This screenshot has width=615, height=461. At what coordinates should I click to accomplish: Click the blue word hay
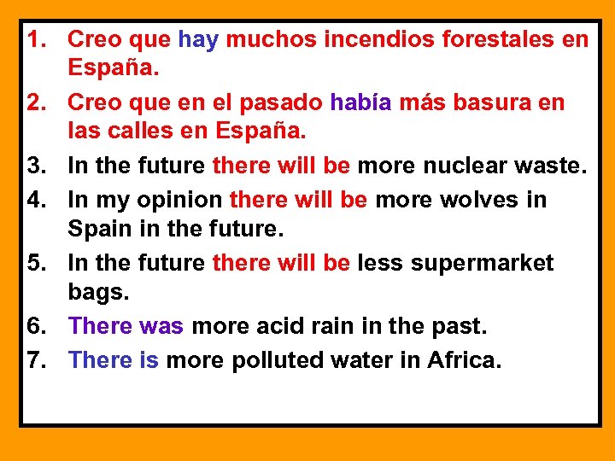[x=198, y=40]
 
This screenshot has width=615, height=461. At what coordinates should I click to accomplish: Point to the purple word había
[x=360, y=103]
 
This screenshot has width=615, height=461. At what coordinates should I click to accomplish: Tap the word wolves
[x=479, y=200]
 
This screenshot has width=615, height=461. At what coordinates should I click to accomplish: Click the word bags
[x=97, y=293]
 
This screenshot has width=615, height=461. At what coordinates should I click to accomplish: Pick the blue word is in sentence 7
[x=149, y=359]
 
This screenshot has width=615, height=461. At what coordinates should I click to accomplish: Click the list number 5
[x=37, y=263]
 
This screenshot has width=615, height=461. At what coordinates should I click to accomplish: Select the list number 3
[x=37, y=166]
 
